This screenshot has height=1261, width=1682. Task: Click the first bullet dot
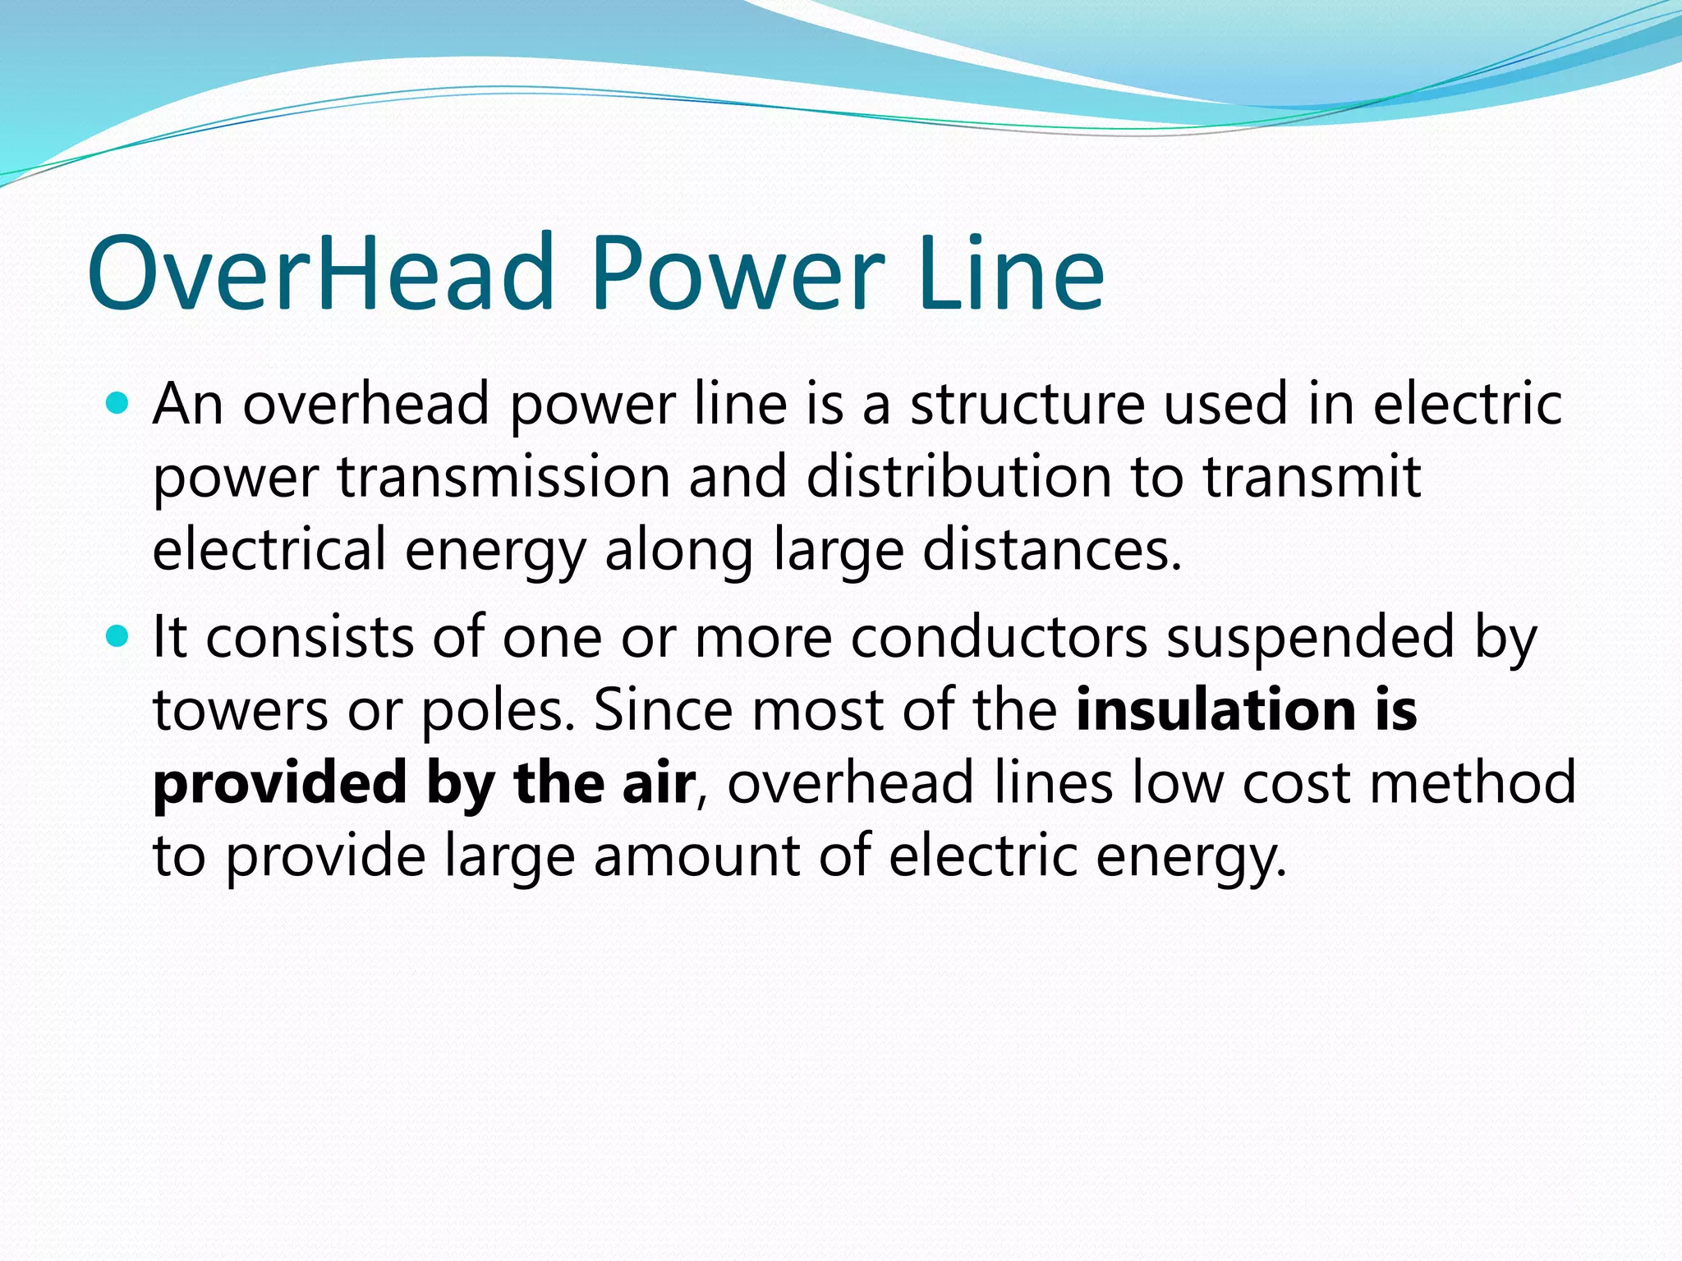[118, 403]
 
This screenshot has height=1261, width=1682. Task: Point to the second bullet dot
[118, 636]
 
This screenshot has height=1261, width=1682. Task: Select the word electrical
[269, 549]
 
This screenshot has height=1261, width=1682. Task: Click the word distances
[1051, 549]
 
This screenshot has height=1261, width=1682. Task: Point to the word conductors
[999, 638]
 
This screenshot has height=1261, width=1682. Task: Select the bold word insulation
[1216, 710]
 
